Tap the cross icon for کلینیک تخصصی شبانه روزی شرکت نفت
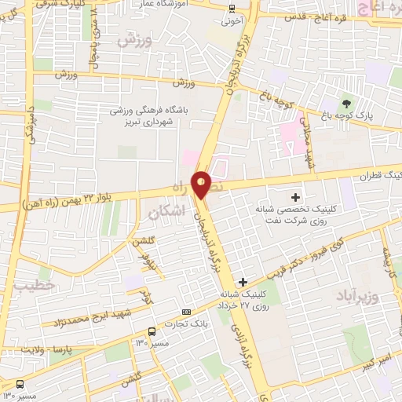(x=295, y=197)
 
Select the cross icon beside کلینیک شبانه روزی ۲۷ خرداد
(x=243, y=282)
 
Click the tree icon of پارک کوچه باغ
(x=346, y=104)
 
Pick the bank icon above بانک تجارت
(x=186, y=312)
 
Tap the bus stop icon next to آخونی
(x=232, y=9)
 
